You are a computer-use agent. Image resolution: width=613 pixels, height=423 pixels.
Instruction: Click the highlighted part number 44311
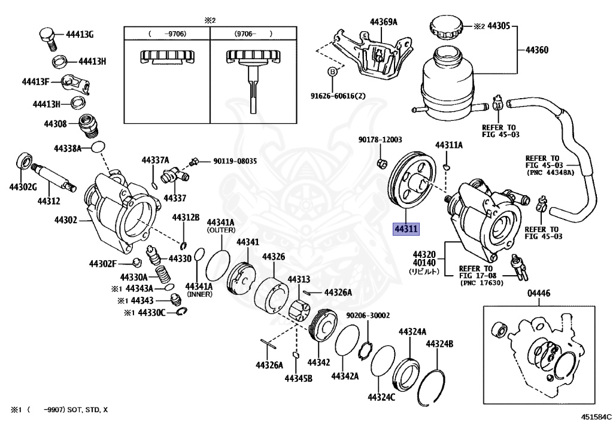point(406,229)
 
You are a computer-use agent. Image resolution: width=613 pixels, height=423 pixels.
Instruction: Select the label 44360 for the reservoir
point(536,50)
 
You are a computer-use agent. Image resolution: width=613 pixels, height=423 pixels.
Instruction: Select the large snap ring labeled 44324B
point(436,387)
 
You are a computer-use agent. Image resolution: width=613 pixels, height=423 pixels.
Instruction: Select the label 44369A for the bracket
point(383,23)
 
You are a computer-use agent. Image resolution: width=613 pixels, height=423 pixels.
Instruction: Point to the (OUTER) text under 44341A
point(221,230)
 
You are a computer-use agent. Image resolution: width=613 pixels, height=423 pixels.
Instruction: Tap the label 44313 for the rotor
point(298,279)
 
